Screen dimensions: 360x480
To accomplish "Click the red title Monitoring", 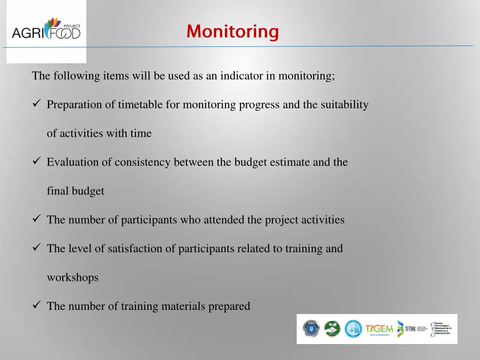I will click(x=232, y=32).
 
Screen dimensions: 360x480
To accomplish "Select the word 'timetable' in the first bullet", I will click(x=140, y=105).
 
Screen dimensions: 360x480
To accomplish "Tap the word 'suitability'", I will click(x=345, y=105).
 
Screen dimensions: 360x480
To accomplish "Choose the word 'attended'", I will click(x=225, y=220).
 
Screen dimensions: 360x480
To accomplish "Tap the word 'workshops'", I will click(x=73, y=277).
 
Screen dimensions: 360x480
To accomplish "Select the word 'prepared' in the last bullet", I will click(x=229, y=307).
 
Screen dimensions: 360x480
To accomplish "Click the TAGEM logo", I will click(x=379, y=329).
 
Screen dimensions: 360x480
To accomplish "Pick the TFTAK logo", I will click(x=411, y=329).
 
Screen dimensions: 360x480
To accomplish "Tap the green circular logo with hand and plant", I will click(x=332, y=329).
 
